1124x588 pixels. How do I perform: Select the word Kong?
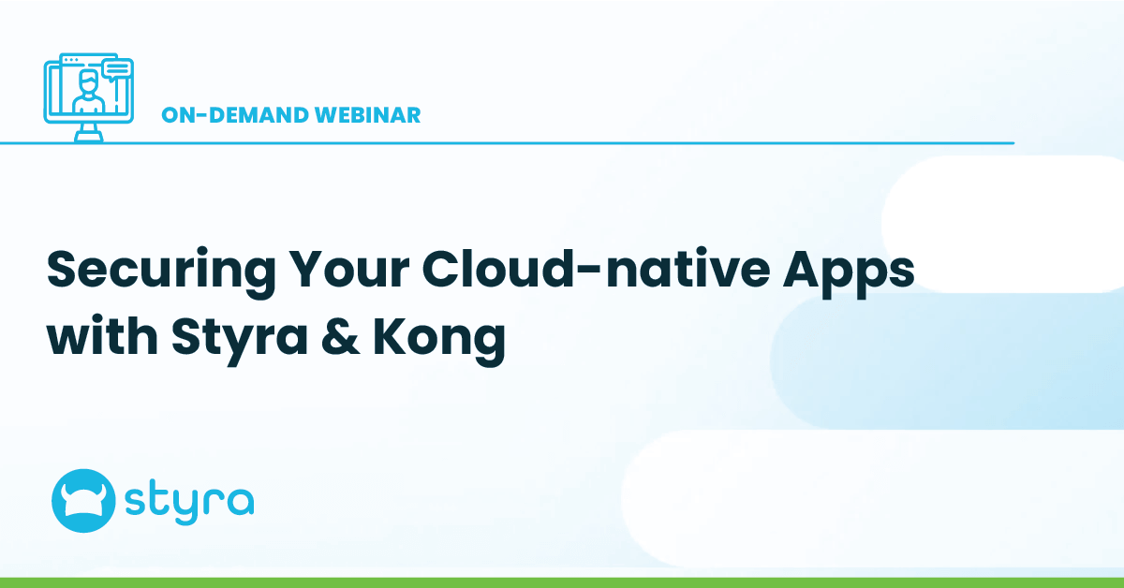tap(443, 335)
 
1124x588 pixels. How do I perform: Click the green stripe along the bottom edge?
tap(562, 582)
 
